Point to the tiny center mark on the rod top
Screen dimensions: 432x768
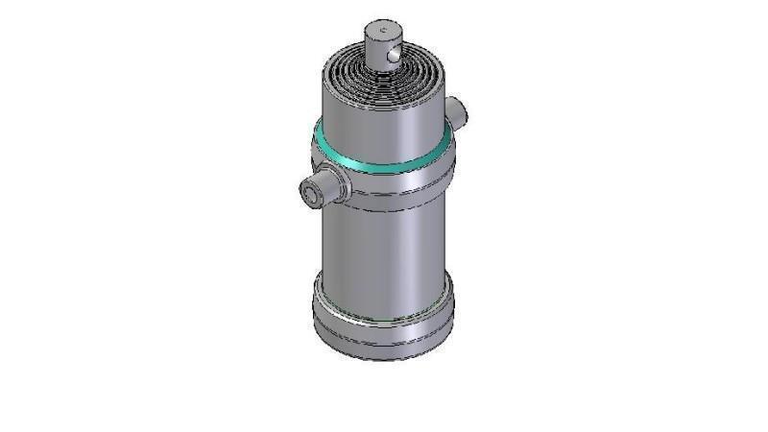pos(382,31)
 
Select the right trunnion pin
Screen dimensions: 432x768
pos(458,109)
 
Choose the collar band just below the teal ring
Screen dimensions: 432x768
pos(384,173)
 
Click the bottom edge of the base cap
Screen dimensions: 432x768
pos(384,357)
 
